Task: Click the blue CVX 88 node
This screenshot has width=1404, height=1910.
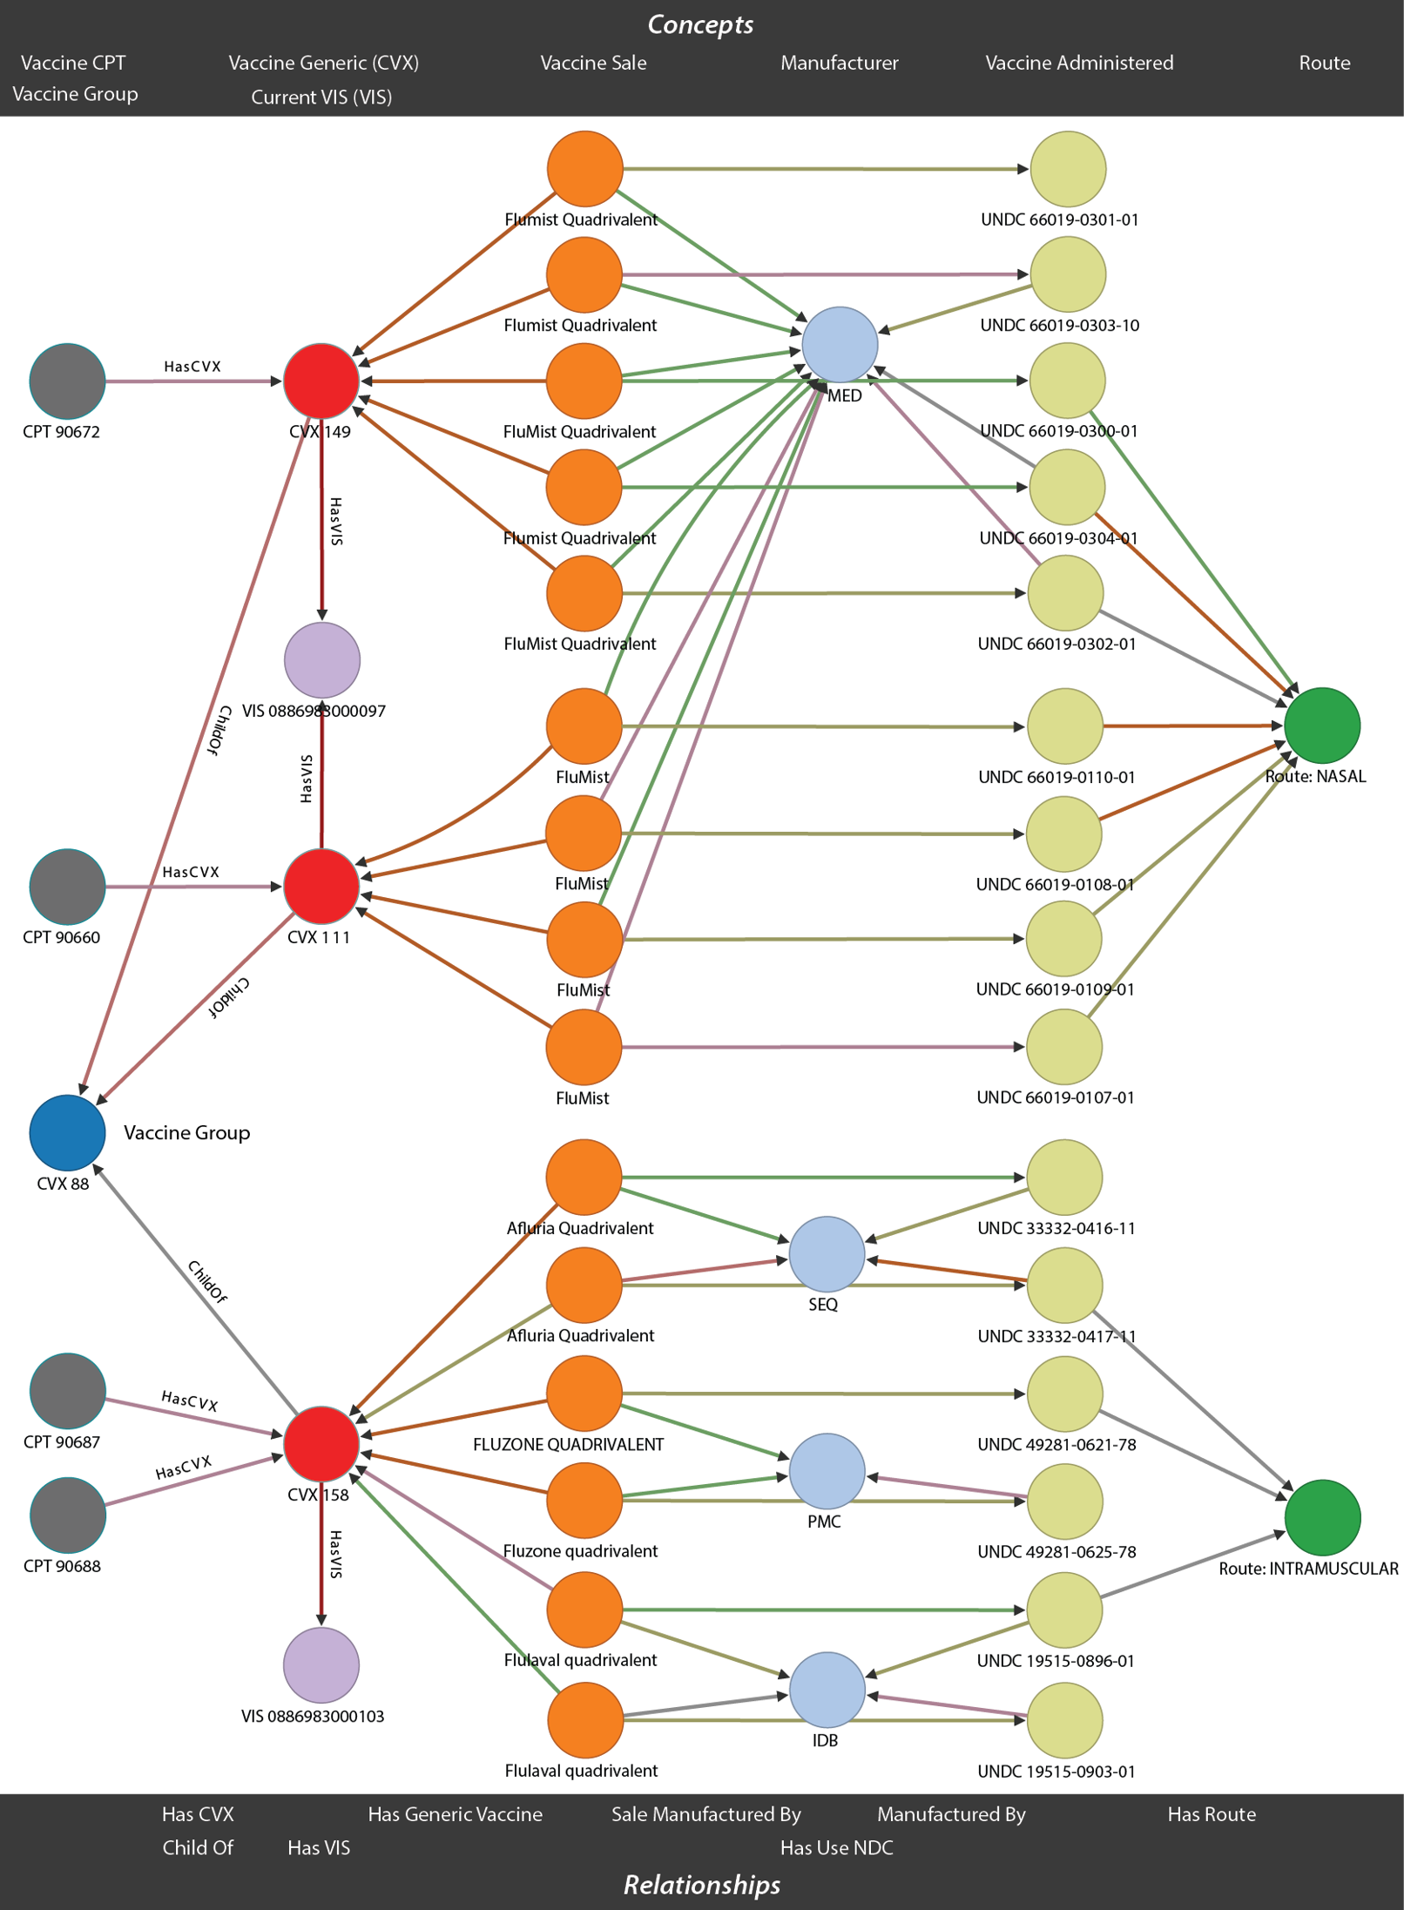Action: pyautogui.click(x=67, y=1132)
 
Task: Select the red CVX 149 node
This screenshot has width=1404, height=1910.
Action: pyautogui.click(x=321, y=381)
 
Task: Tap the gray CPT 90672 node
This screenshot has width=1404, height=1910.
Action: pyautogui.click(x=67, y=381)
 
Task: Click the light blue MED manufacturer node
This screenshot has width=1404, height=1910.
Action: pyautogui.click(x=840, y=344)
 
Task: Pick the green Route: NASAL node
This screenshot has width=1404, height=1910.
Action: pyautogui.click(x=1322, y=725)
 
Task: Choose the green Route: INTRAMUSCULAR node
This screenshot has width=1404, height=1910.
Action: pyautogui.click(x=1322, y=1517)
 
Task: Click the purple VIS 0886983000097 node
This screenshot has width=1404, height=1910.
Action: pyautogui.click(x=322, y=659)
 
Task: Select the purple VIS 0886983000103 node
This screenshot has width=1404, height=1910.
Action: pyautogui.click(x=321, y=1664)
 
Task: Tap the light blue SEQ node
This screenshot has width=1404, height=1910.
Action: pyautogui.click(x=827, y=1254)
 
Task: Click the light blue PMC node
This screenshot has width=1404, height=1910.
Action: pyautogui.click(x=827, y=1471)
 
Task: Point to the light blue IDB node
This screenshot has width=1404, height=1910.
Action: pyautogui.click(x=827, y=1690)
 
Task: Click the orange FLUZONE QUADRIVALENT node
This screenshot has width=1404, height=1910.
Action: pyautogui.click(x=584, y=1393)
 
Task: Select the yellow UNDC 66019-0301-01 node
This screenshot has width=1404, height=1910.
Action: pyautogui.click(x=1068, y=169)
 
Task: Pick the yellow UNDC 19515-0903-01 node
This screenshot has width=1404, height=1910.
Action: pyautogui.click(x=1065, y=1720)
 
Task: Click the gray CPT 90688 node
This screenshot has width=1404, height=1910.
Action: pyautogui.click(x=67, y=1515)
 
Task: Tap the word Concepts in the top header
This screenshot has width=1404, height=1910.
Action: pyautogui.click(x=700, y=24)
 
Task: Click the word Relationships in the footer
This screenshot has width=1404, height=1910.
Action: pyautogui.click(x=702, y=1885)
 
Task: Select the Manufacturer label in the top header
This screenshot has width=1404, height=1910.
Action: pyautogui.click(x=839, y=63)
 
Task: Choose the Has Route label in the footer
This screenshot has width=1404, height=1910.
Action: pyautogui.click(x=1212, y=1814)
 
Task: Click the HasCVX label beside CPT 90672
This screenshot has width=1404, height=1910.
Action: pyautogui.click(x=192, y=367)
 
